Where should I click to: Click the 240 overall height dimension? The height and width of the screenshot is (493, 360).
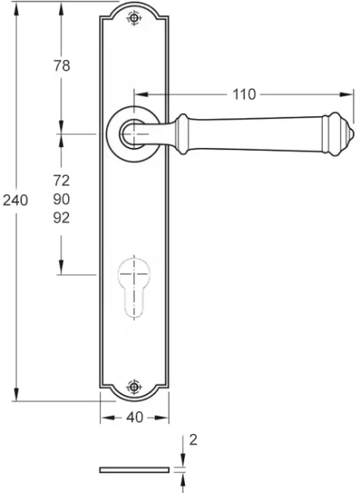[15, 200]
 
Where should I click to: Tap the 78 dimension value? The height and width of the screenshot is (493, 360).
[61, 66]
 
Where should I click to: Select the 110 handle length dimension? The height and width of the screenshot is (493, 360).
[244, 94]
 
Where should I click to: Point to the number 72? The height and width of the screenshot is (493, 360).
[61, 181]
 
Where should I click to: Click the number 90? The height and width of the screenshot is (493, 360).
[61, 199]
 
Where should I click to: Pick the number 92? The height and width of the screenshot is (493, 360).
[61, 218]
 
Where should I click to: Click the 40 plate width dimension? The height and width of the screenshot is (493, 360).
[135, 418]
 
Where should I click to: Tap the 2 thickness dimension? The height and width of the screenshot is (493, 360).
[193, 440]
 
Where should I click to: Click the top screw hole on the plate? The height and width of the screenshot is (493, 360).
[134, 18]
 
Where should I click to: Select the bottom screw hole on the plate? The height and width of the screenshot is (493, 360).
[134, 386]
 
